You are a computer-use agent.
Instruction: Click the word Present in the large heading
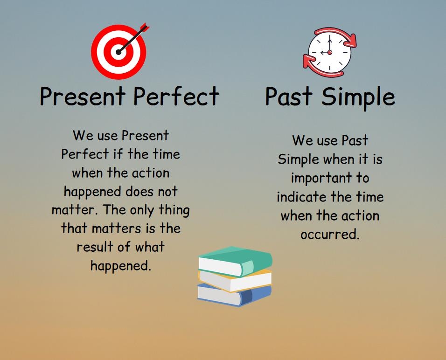tap(83, 97)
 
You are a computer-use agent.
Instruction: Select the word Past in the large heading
tap(289, 97)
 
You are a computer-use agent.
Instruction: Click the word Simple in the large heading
tap(358, 97)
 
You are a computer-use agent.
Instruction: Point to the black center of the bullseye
tap(118, 52)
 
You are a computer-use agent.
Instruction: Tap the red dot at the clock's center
tap(330, 53)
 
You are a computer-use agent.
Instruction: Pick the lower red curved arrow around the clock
tap(314, 66)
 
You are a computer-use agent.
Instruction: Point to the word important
tap(330, 178)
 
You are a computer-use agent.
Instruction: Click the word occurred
tap(329, 234)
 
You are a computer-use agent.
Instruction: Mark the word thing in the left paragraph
tap(174, 210)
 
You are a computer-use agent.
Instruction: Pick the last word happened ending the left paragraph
tap(120, 265)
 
